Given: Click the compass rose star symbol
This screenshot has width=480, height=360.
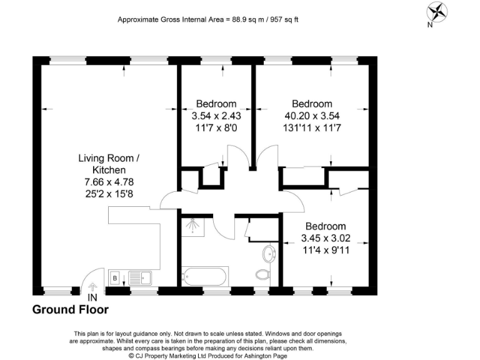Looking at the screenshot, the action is coord(437,12).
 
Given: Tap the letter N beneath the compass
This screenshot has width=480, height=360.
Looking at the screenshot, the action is coord(430,25).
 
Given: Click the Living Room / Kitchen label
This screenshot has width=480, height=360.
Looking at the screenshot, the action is coord(109,164).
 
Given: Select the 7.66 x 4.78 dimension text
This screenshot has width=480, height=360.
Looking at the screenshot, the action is coord(109,182).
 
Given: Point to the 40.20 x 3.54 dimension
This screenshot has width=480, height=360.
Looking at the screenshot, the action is coord(312,116).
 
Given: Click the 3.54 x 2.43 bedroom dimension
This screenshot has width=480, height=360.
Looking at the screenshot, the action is coord(216,116).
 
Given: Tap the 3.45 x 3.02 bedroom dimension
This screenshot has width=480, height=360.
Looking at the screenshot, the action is coord(326,238).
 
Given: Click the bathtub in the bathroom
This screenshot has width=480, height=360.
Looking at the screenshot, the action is coord(205,277).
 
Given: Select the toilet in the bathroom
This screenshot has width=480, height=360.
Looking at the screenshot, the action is coord(262,274).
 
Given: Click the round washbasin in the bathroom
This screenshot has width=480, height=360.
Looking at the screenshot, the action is coord(270,254).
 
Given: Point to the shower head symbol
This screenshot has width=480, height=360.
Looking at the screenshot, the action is coord(193,226).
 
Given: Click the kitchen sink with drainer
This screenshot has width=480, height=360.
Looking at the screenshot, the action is coord(140,278).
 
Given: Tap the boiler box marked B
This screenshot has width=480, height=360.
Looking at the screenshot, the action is coord(115,278).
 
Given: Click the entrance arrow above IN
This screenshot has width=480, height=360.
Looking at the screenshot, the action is coord(92,287).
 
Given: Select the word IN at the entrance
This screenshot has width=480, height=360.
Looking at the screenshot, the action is coord(92,297).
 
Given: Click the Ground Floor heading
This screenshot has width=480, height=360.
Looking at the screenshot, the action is coord(71,310).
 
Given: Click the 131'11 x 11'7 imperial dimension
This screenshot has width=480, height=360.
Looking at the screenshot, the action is coord(312,127).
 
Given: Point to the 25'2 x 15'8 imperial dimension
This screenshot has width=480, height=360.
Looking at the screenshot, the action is coord(109,194).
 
